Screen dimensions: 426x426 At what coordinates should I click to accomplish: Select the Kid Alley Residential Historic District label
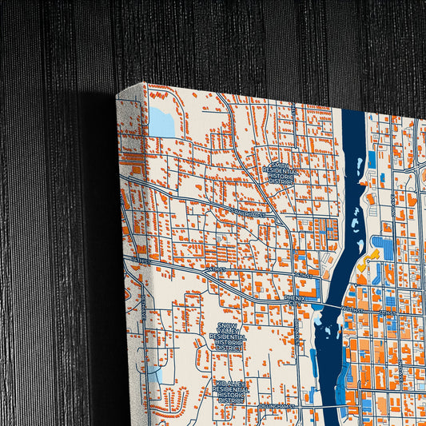tap(232, 392)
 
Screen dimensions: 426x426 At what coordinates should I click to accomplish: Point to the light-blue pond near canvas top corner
tap(161, 121)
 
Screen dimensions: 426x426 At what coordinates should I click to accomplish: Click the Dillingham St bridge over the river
tap(324, 406)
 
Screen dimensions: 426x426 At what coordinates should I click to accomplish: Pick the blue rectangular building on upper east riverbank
tap(371, 160)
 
